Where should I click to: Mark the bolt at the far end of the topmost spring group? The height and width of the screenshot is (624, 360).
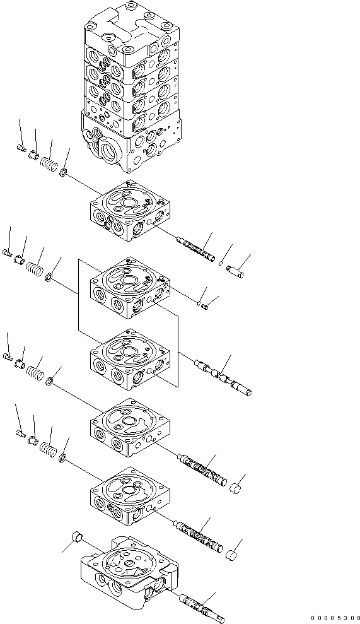point(20,149)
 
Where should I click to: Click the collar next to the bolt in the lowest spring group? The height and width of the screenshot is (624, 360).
point(34,440)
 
